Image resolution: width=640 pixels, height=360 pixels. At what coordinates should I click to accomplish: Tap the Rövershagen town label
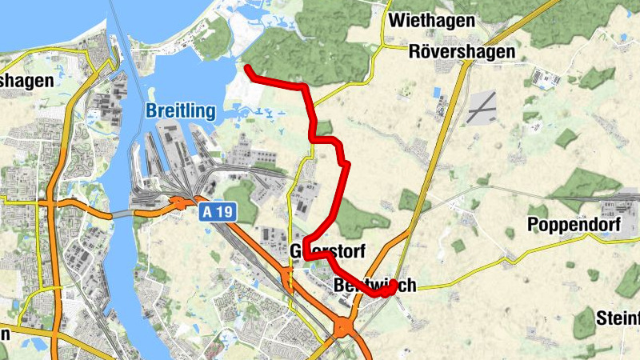pyautogui.click(x=461, y=52)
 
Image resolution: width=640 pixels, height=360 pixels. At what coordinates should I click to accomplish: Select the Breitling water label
pyautogui.click(x=180, y=111)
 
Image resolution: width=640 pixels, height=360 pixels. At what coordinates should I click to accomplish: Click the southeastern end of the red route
pyautogui.click(x=393, y=287)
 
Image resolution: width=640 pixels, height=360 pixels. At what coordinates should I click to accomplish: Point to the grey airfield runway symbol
pyautogui.click(x=483, y=106)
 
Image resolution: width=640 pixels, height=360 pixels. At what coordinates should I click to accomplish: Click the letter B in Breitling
pyautogui.click(x=151, y=111)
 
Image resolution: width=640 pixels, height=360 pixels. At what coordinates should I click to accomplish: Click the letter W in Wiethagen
pyautogui.click(x=395, y=20)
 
